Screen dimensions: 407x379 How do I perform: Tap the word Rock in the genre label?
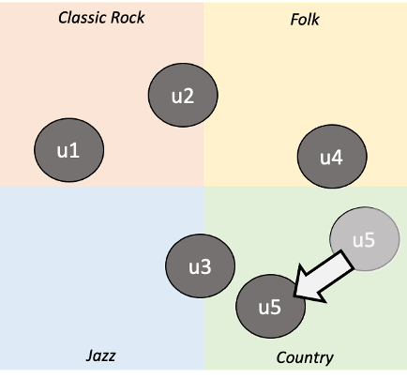128,18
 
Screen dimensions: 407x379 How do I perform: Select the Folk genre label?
305,20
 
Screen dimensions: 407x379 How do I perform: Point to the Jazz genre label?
100,356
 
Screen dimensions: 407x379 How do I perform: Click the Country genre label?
305,358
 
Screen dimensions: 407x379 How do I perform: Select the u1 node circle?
68,150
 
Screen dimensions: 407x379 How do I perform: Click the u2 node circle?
183,95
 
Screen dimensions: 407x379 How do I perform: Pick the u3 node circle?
200,265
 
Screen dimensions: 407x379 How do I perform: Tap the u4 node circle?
332,157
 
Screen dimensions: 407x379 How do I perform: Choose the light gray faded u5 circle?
365,239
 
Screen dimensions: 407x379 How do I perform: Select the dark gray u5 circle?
270,307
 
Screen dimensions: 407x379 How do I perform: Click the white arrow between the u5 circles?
324,278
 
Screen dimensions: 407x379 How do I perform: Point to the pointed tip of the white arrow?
294,296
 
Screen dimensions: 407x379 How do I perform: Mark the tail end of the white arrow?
348,259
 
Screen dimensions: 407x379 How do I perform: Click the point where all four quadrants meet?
203,187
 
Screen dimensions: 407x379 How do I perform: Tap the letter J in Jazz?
90,356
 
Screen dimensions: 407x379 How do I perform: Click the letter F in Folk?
294,20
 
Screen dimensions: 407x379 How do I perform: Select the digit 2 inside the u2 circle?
188,97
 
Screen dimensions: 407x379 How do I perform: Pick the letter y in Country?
329,360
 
